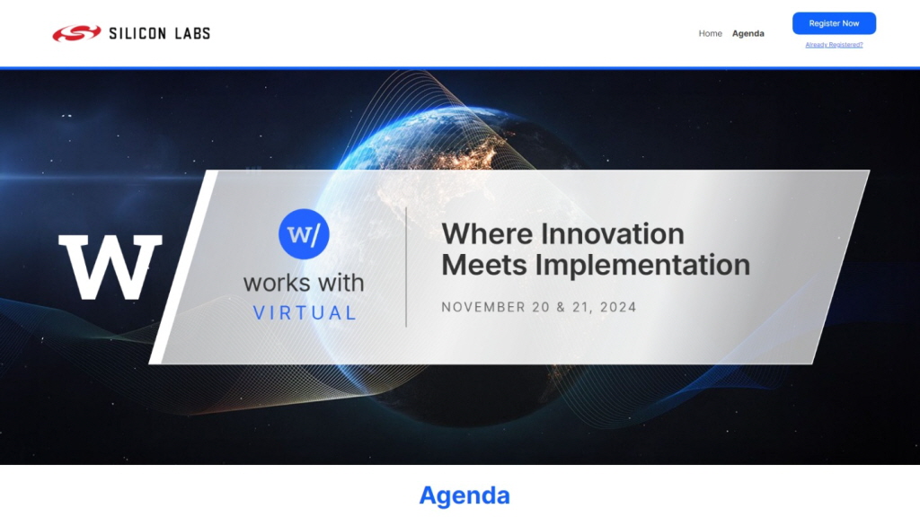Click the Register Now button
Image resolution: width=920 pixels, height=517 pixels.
pyautogui.click(x=834, y=23)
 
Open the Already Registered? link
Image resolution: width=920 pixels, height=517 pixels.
pyautogui.click(x=834, y=45)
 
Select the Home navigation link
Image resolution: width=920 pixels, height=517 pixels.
pyautogui.click(x=710, y=33)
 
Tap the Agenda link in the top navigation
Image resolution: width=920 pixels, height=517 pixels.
pyautogui.click(x=748, y=33)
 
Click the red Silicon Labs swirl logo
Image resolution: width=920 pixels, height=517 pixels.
pyautogui.click(x=76, y=33)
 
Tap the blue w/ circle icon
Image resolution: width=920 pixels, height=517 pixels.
pyautogui.click(x=304, y=234)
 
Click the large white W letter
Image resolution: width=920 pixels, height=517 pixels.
pyautogui.click(x=111, y=267)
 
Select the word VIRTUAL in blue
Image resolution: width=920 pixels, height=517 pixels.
pyautogui.click(x=305, y=313)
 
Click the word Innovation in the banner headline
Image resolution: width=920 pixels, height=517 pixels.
pyautogui.click(x=613, y=234)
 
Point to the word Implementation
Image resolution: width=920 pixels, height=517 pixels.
pyautogui.click(x=642, y=265)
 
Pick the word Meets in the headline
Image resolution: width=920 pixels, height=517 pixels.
pyautogui.click(x=484, y=265)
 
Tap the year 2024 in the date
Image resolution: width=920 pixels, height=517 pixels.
pyautogui.click(x=618, y=307)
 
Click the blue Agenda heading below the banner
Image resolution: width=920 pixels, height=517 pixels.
pyautogui.click(x=464, y=495)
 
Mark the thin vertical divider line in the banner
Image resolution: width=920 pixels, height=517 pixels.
pyautogui.click(x=406, y=267)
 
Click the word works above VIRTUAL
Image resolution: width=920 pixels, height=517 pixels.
pyautogui.click(x=275, y=283)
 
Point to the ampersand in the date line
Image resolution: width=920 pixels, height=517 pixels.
pyautogui.click(x=561, y=307)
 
